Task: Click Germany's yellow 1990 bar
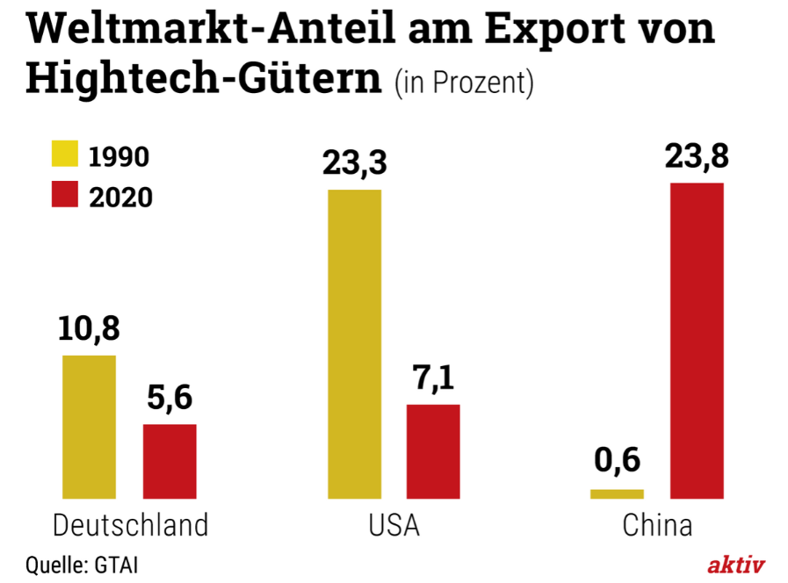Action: click(89, 426)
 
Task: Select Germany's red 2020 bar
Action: click(170, 461)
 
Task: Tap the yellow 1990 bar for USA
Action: click(355, 343)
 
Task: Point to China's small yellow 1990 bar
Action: click(617, 493)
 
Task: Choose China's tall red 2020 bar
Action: click(697, 341)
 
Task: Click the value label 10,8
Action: click(89, 329)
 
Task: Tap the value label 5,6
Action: click(169, 398)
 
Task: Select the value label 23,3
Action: click(355, 162)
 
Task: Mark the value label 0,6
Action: click(617, 461)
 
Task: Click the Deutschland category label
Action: click(131, 525)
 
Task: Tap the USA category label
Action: click(394, 525)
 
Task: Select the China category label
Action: click(657, 525)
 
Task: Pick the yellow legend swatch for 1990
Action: click(65, 155)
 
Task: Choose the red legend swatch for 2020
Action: click(65, 195)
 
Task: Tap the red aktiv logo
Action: click(736, 564)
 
